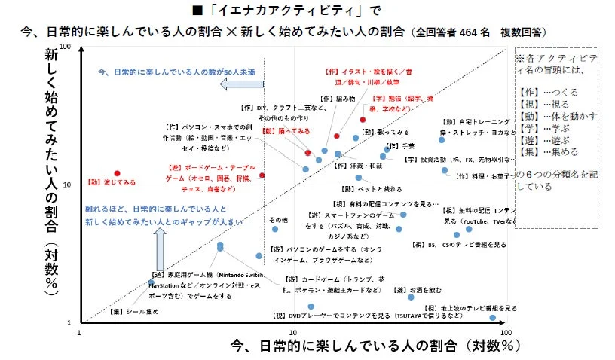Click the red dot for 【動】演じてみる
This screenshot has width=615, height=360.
pyautogui.click(x=117, y=173)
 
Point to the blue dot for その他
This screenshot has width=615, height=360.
pyautogui.click(x=275, y=229)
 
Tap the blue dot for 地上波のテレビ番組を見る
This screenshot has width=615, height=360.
pyautogui.click(x=493, y=319)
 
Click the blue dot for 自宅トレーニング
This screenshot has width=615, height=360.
pyautogui.click(x=442, y=139)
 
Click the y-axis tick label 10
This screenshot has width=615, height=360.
pyautogui.click(x=66, y=185)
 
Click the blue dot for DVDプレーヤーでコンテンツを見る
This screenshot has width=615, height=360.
pyautogui.click(x=311, y=307)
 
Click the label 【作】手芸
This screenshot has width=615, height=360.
pyautogui.click(x=400, y=146)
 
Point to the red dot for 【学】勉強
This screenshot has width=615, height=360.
pyautogui.click(x=363, y=120)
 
